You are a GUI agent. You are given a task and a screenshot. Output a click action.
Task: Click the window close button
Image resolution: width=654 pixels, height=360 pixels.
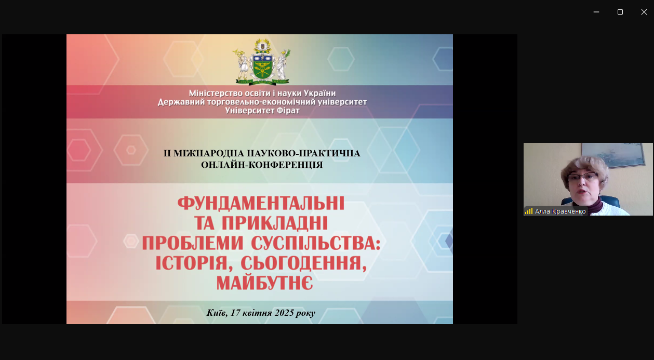(x=644, y=12)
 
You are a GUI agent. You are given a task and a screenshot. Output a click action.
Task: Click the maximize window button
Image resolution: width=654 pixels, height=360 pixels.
(x=620, y=12)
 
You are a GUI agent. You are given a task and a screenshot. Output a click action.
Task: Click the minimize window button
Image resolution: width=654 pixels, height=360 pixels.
(x=596, y=12)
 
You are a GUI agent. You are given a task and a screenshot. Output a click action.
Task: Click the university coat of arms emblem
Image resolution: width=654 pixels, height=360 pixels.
(x=261, y=61)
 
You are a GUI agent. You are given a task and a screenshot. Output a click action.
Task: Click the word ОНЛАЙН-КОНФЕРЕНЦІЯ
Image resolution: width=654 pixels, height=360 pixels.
(x=262, y=165)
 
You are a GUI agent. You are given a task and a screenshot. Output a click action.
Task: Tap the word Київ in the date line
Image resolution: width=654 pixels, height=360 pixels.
(x=216, y=313)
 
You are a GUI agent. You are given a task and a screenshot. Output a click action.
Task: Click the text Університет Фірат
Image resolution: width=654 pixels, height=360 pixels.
(x=262, y=110)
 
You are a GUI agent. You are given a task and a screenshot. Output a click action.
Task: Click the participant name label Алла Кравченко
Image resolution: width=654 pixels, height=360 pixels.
(x=560, y=211)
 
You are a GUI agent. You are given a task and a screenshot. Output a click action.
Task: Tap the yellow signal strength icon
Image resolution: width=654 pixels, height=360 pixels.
(x=529, y=211)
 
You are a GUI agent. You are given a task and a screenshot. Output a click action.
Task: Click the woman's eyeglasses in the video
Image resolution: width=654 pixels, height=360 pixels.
(x=582, y=177)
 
